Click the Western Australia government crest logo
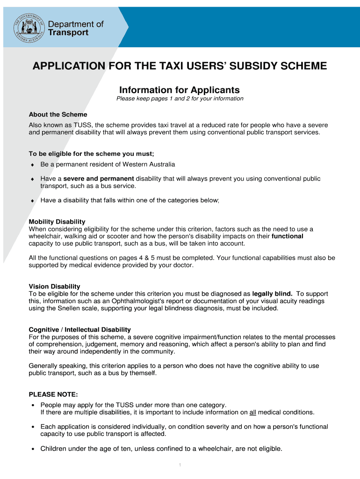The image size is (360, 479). pos(28,27)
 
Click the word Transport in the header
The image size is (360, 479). pos(68,33)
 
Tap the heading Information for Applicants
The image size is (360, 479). pos(180,90)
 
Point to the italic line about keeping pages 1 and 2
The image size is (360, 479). pos(180,99)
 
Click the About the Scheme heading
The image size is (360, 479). pos(58,115)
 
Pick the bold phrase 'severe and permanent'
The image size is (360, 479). pos(99,179)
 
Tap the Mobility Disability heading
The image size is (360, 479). pos(57,222)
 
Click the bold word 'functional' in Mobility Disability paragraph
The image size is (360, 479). pos(287,236)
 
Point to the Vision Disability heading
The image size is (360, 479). pos(54,286)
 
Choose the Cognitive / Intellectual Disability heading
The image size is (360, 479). pos(79,330)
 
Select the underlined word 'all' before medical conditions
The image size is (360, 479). pos(252,412)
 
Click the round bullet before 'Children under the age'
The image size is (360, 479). pos(32,449)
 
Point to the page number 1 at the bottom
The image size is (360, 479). pos(180,465)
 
